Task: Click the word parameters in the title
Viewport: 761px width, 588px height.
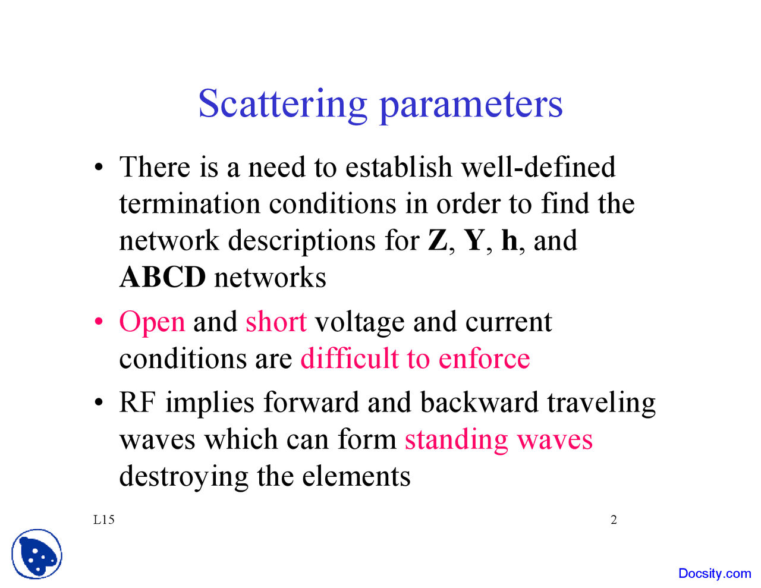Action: tap(470, 105)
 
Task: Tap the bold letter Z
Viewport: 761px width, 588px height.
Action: tap(438, 241)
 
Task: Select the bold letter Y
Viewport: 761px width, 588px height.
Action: tap(474, 241)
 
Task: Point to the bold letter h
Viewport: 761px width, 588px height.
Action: tap(510, 241)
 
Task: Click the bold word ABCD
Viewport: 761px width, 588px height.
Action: tap(163, 278)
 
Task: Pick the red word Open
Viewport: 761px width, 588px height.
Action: tap(152, 323)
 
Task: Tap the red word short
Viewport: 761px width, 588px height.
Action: tap(276, 322)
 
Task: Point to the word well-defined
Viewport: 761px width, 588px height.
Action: tap(538, 167)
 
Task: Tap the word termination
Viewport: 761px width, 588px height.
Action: tap(190, 204)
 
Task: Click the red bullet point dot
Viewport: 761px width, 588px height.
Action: tap(99, 322)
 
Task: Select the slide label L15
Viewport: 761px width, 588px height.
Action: tap(104, 520)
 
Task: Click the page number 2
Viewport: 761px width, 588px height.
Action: tap(614, 520)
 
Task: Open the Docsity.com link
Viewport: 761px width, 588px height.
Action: tap(715, 574)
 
